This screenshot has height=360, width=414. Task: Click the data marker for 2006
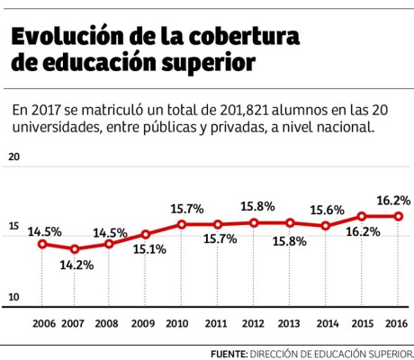[41, 244]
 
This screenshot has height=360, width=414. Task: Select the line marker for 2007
[75, 249]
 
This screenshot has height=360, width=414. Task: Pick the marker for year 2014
[326, 226]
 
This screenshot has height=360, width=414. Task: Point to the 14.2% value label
[75, 265]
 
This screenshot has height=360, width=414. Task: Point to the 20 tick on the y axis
[13, 157]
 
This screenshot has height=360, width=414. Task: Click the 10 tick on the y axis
[13, 297]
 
